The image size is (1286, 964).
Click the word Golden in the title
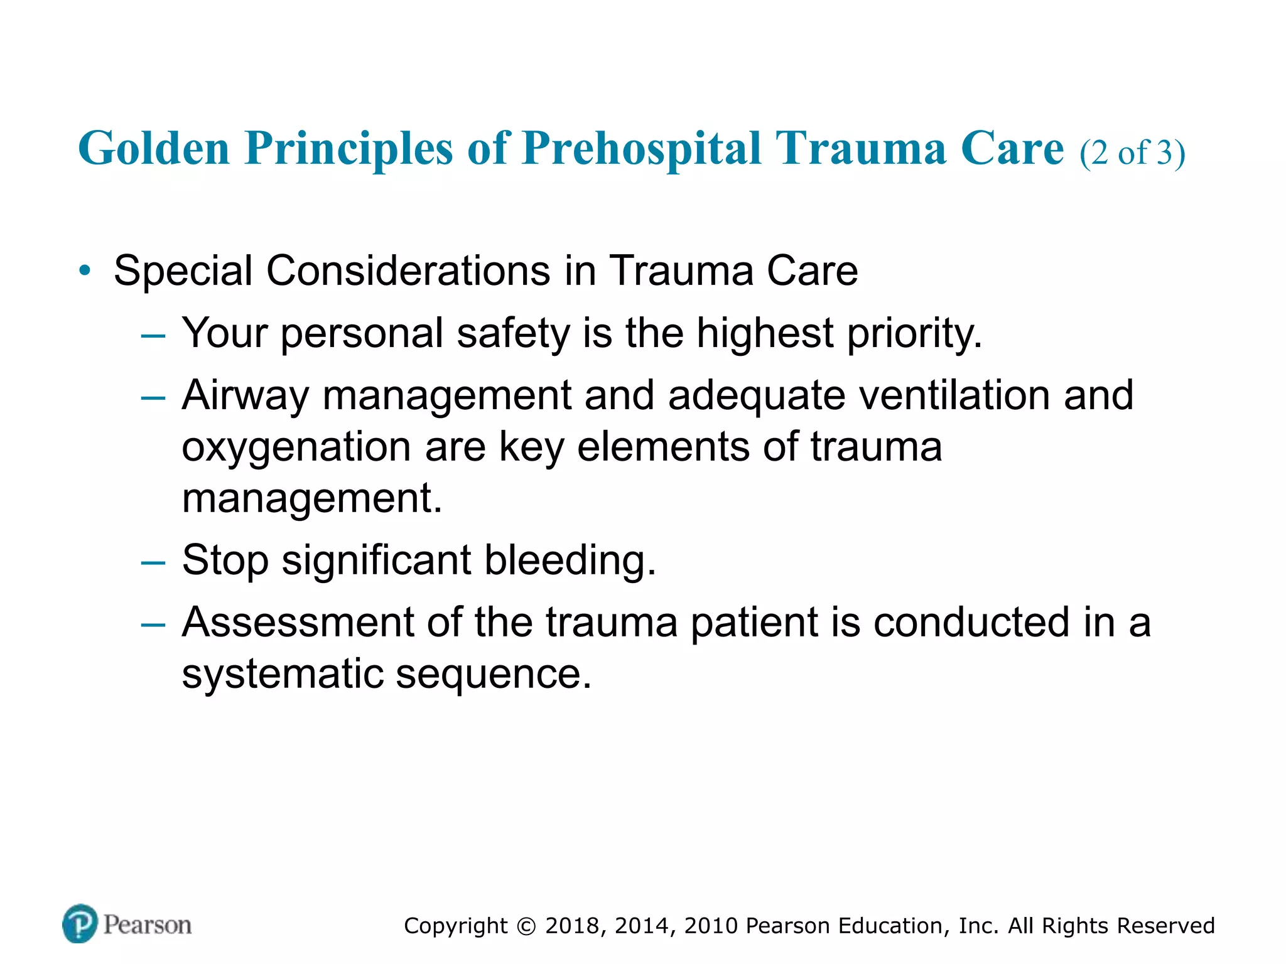coord(154,149)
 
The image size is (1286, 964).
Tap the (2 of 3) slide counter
coord(1132,153)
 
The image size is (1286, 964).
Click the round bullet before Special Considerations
coord(85,271)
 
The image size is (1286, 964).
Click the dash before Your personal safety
coord(153,336)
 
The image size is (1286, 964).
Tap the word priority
coord(914,333)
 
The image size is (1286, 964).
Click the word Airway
coord(245,396)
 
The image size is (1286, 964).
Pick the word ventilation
coord(954,396)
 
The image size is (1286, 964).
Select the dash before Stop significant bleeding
coord(153,562)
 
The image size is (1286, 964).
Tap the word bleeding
coord(570,560)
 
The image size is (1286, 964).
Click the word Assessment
coord(298,623)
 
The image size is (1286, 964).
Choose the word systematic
coord(283,674)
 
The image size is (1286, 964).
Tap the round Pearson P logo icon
coord(80,923)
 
